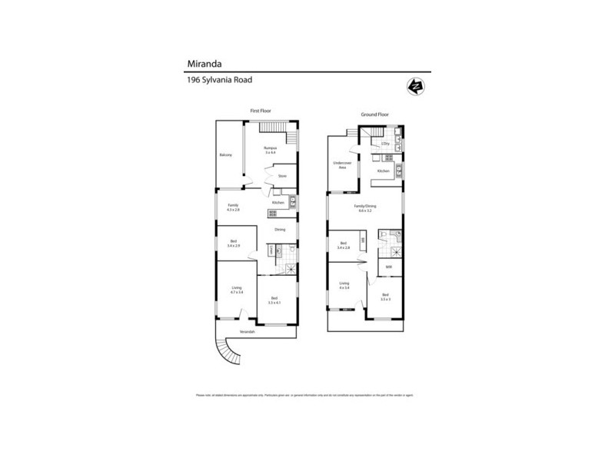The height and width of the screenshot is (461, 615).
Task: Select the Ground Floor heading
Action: point(374,114)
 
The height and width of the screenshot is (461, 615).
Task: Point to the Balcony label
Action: point(225,155)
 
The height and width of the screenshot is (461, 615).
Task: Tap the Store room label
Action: point(282,176)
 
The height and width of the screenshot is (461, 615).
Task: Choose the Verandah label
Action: point(246,331)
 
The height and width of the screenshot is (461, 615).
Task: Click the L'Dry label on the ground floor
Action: point(386,144)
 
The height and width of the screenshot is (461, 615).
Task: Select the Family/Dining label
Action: point(364,208)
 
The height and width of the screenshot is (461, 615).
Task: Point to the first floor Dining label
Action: point(280,230)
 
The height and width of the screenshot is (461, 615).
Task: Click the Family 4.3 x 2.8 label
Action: point(233,207)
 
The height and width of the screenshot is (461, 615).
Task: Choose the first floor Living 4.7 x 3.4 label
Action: point(238,290)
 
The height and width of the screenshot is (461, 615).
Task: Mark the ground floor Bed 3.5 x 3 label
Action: point(385,297)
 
